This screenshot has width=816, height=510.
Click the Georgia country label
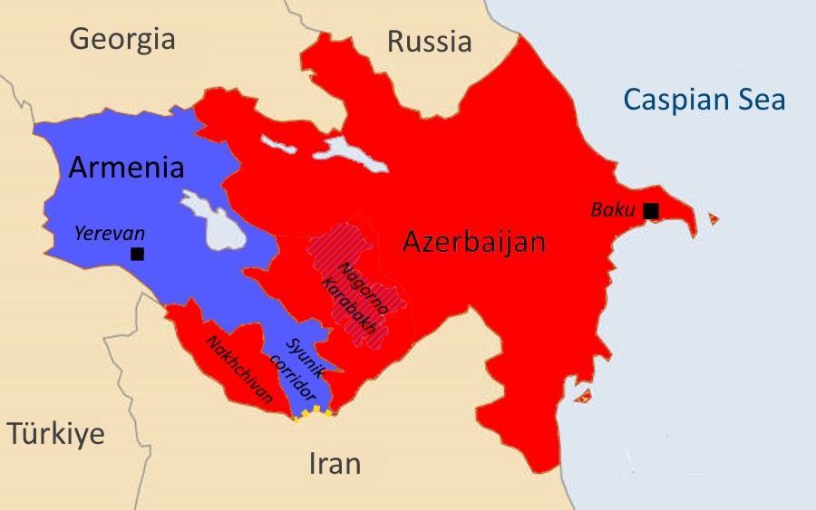[x=121, y=39]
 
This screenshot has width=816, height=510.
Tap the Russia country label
[x=429, y=42]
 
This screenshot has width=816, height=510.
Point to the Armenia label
[x=126, y=168]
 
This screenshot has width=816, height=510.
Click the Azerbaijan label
[x=473, y=242]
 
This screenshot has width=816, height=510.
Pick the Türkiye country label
[x=56, y=434]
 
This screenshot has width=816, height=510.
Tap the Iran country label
[x=335, y=464]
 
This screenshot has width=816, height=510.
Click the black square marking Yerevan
[x=137, y=254]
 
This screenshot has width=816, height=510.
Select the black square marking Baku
[x=650, y=210]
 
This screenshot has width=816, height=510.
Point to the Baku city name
[x=613, y=210]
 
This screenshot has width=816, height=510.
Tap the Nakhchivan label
[x=238, y=370]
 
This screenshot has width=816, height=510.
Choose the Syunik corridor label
[x=298, y=370]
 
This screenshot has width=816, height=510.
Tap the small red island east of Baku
[x=713, y=218]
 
